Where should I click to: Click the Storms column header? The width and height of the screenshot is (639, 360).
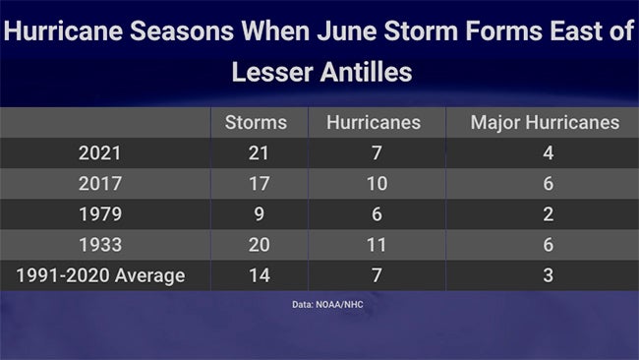256,123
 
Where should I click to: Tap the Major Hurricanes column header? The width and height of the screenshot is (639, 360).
545,123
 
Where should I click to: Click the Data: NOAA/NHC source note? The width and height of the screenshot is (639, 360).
320,304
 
